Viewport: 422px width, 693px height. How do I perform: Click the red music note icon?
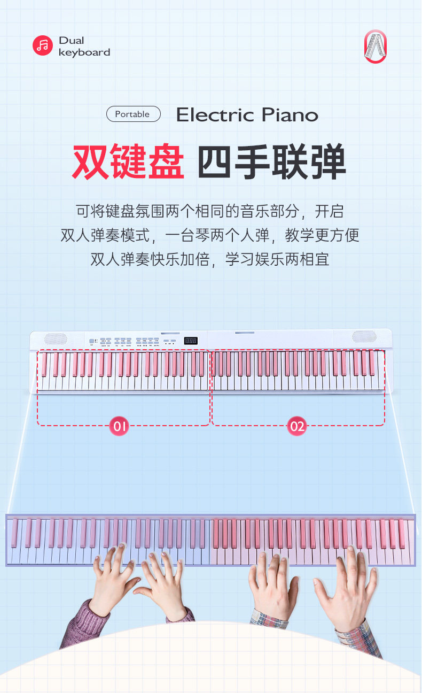(x=43, y=45)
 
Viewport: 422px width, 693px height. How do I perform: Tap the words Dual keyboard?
(x=84, y=47)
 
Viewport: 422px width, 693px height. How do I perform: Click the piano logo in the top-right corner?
(x=375, y=47)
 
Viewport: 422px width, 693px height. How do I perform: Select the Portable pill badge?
(x=133, y=114)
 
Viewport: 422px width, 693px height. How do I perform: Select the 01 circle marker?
(x=119, y=426)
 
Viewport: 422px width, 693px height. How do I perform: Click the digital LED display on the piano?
(x=191, y=341)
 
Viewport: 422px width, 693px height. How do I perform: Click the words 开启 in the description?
(x=330, y=211)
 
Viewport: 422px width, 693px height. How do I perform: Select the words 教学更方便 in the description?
(x=322, y=235)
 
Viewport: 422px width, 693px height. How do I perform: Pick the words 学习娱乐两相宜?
(x=277, y=260)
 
